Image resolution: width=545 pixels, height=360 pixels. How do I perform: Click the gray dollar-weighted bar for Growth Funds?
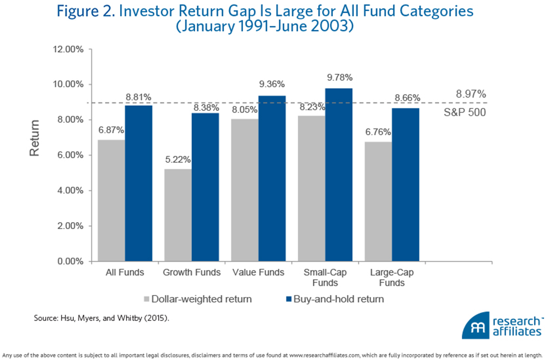point(178,215)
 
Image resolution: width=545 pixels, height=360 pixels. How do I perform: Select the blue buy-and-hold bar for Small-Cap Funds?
point(338,175)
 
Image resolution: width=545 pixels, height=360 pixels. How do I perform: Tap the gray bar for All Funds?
point(111,201)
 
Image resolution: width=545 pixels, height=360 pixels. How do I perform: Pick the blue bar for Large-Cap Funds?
point(405,185)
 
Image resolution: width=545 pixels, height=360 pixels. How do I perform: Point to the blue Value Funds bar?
point(272,179)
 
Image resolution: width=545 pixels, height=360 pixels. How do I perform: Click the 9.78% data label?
point(338,78)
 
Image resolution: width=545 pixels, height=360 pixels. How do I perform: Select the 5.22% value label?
point(178,160)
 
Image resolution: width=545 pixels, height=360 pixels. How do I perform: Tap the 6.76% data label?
point(378,132)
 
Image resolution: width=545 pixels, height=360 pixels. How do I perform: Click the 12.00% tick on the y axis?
point(68,49)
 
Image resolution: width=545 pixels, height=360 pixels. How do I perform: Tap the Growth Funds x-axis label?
point(191,273)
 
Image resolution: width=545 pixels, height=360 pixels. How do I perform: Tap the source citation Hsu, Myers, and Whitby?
point(102,318)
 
